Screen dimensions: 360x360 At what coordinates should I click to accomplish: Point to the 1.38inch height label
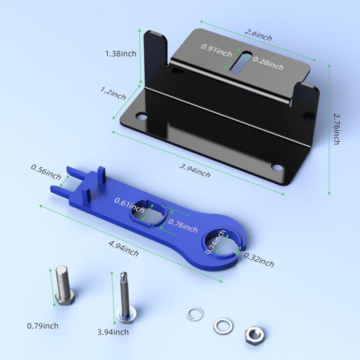[x=120, y=53]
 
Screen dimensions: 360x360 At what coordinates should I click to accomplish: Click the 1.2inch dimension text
[x=113, y=93]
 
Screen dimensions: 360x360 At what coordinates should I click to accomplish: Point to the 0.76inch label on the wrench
[x=183, y=226]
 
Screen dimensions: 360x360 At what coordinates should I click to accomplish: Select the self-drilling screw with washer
[x=124, y=298]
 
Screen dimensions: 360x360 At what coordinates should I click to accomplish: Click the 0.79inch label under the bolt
[x=43, y=326]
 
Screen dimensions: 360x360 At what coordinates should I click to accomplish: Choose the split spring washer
[x=195, y=314]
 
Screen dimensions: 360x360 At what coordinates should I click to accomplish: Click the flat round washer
[x=223, y=324]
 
